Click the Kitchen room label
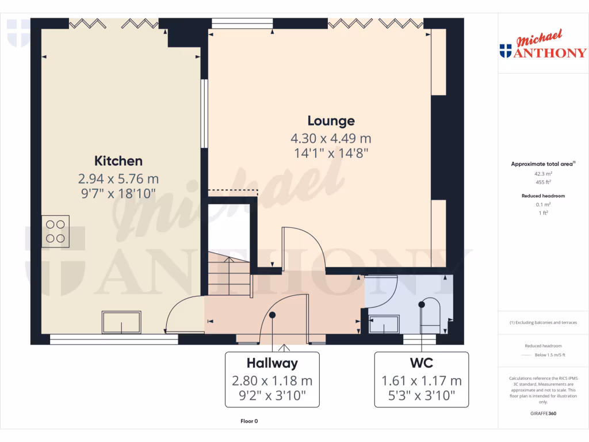(118, 161)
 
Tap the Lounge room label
(331, 121)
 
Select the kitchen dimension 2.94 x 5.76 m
(118, 178)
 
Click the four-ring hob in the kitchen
(56, 231)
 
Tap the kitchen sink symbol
(121, 322)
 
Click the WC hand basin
(384, 324)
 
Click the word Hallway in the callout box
(272, 363)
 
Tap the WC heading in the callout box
(422, 363)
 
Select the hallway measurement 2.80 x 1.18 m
(272, 380)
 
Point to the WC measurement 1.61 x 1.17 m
(422, 380)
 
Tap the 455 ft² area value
(544, 181)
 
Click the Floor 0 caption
(249, 421)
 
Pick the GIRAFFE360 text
(544, 413)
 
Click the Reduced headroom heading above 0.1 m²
(544, 196)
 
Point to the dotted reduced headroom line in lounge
(232, 190)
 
